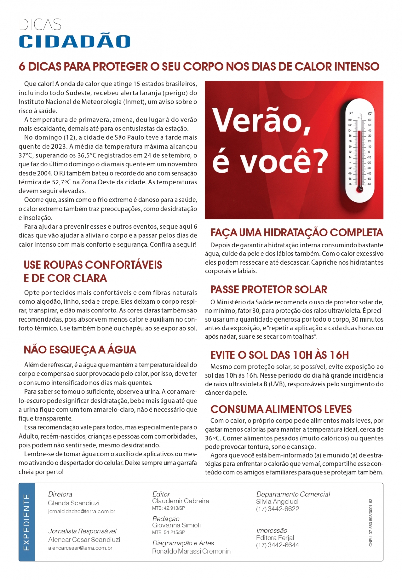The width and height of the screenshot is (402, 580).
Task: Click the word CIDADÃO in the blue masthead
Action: coord(74,41)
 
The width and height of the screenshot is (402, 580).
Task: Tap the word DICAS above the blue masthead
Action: coord(40,25)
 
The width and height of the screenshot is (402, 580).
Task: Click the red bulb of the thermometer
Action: coord(360,189)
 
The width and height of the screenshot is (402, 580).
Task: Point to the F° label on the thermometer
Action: coord(351,114)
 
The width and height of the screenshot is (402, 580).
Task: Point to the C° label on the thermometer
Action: coord(370,114)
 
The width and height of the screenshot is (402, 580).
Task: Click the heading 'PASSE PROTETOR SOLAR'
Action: coord(269,290)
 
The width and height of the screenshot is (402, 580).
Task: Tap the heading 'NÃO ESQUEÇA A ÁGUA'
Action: coord(80,350)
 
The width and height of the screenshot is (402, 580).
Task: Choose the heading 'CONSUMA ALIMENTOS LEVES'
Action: coord(281,409)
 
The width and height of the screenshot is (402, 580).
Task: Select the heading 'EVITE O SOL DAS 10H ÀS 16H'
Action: coord(279,355)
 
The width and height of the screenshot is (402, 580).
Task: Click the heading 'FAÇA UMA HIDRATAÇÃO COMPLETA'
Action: coord(296,232)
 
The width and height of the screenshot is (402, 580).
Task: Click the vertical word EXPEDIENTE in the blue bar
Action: coord(27,522)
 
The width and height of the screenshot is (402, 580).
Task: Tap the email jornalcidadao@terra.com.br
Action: coord(81,512)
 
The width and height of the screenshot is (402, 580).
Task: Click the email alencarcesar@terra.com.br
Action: coord(80,548)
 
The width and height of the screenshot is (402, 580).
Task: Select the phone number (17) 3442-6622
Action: coord(277,509)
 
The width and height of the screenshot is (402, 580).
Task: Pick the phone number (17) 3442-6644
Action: coord(277,545)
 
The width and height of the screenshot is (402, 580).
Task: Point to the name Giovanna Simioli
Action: coord(176,525)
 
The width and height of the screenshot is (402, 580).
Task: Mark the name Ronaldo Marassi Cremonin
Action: coord(191,551)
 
